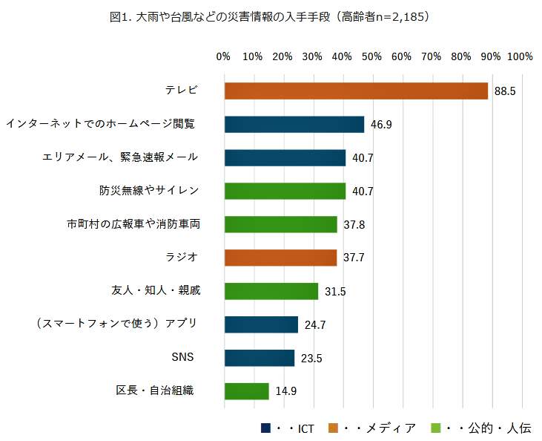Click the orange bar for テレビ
pos(355,91)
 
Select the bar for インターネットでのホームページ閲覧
pos(294,124)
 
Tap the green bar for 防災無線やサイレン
pos(285,191)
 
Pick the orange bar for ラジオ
pos(280,258)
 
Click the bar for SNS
pos(259,357)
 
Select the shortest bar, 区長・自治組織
pos(246,391)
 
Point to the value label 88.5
pos(505,91)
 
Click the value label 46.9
pos(381,125)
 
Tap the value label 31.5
pos(335,291)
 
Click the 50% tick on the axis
pos(371,56)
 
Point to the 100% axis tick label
pos(520,56)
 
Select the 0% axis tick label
pos(223,56)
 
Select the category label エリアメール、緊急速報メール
pos(121,157)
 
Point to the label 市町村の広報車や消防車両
pos(134,223)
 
